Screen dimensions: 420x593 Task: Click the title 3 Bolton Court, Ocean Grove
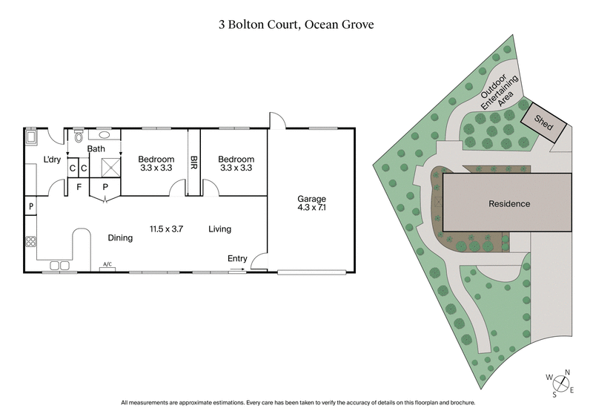[x=296, y=24]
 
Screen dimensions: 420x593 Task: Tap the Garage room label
[x=311, y=200]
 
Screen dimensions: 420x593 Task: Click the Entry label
[x=237, y=258]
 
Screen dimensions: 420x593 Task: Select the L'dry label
[x=52, y=160]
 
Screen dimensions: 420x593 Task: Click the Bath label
[x=96, y=149]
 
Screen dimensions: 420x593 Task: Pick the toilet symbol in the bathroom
[x=79, y=137]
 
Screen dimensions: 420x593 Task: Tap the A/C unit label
[x=107, y=264]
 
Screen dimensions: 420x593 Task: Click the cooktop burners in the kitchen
[x=31, y=242]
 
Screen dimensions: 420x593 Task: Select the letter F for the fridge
[x=79, y=186]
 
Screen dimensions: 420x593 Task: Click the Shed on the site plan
[x=545, y=119]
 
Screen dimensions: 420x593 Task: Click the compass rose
[x=562, y=383]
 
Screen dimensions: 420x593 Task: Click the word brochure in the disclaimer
[x=460, y=403]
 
